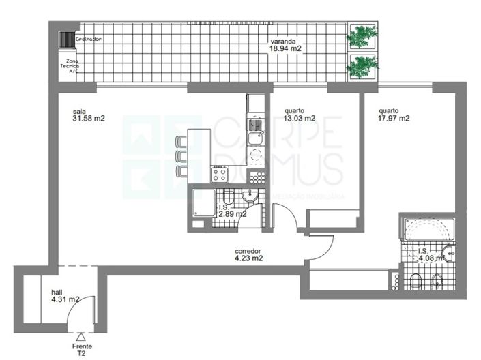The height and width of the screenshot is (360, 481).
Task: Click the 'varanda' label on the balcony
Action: [x=285, y=40]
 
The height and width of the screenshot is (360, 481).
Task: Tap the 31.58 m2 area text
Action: [x=89, y=119]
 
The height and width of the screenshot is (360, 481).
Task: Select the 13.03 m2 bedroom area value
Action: [x=300, y=118]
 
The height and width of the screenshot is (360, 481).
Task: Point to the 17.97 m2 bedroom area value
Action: [x=394, y=118]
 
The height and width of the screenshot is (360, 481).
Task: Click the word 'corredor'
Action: [x=248, y=250]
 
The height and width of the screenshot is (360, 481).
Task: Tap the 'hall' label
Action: [x=57, y=291]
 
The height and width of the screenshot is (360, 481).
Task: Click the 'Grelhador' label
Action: [x=89, y=40]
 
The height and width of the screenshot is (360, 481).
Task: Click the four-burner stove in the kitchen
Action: [x=220, y=174]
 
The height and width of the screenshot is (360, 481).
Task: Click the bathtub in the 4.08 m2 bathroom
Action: [x=427, y=229]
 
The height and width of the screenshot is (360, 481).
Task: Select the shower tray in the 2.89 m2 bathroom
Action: [x=203, y=202]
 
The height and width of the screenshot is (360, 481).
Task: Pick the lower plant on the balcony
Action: [x=362, y=66]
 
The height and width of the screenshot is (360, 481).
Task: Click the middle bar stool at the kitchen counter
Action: [x=180, y=155]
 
